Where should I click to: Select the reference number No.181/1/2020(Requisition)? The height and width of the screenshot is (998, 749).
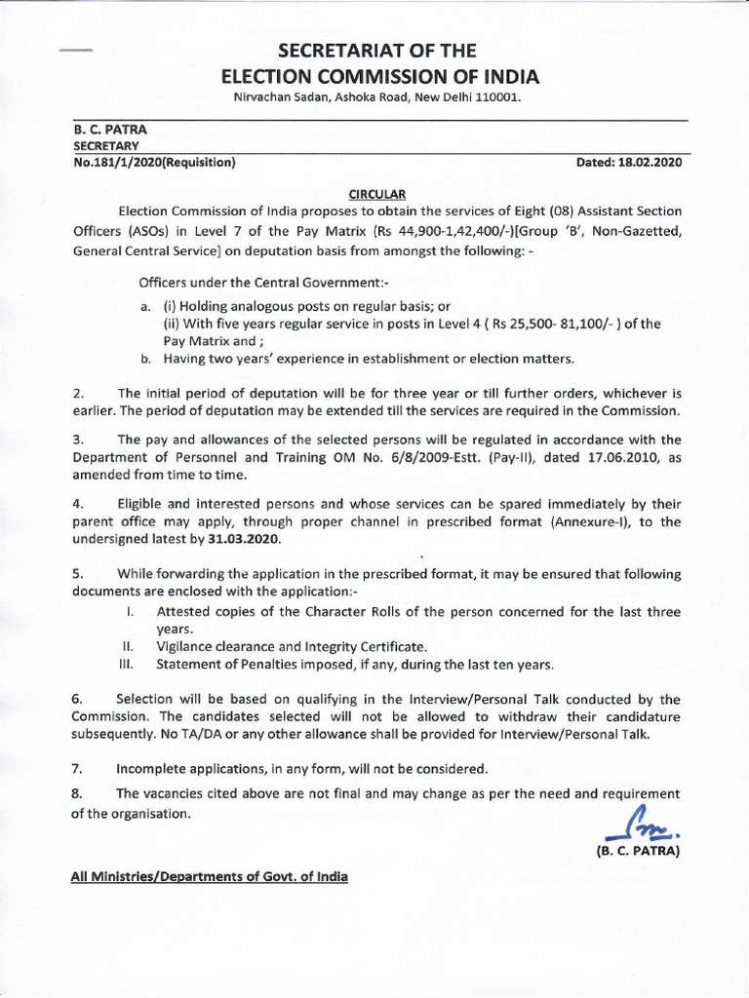click(154, 164)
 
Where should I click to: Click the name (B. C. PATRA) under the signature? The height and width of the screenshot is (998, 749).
click(637, 851)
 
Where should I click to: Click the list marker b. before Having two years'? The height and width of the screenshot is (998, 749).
click(145, 359)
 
